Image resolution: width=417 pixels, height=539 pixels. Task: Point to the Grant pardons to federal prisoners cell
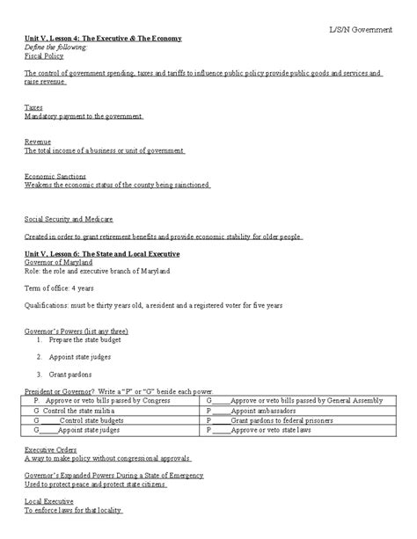268,420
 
